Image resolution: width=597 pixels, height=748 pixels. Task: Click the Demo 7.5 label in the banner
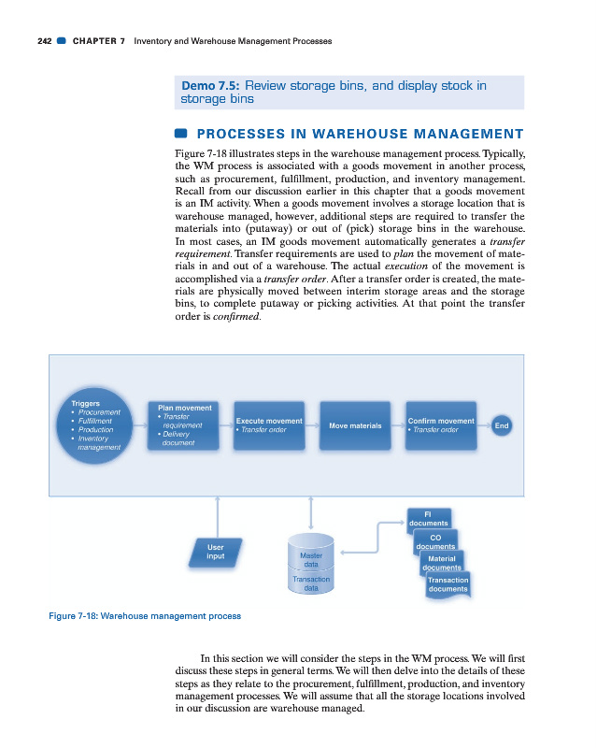coord(211,86)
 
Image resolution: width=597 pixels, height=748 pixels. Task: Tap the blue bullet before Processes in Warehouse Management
coord(182,133)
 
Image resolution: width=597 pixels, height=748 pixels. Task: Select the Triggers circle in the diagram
coord(97,426)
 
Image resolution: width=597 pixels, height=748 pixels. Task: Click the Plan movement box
coord(185,424)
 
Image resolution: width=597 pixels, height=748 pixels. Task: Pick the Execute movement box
coord(269,425)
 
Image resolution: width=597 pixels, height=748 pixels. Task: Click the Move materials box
coord(355,425)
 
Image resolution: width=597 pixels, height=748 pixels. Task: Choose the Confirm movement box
coord(441,425)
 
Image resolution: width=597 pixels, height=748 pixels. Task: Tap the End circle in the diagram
coord(502,425)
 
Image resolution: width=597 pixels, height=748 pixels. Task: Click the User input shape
coord(216,552)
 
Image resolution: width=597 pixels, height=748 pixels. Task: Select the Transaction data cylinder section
coord(311,584)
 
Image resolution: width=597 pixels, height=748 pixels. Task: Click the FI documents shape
coord(428,517)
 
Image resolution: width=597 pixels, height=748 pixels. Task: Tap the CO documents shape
coord(434,541)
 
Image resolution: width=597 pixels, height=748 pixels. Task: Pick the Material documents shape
coord(441,563)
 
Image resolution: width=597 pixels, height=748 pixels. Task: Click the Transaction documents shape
coord(448,584)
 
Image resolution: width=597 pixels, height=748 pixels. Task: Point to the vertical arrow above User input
coord(217,513)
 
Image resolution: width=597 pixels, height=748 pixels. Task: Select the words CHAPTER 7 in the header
coord(98,41)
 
